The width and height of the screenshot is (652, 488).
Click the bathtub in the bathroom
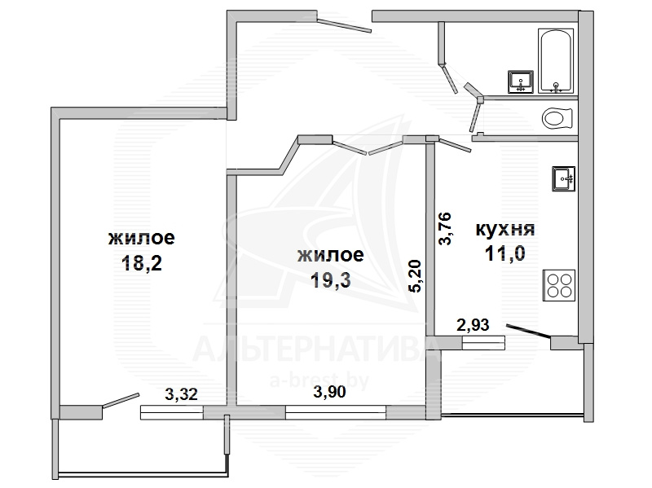[x=556, y=60]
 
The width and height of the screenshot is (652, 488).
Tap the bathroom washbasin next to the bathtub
[x=520, y=82]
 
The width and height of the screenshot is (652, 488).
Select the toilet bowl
[x=557, y=118]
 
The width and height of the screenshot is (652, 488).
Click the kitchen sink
[x=563, y=178]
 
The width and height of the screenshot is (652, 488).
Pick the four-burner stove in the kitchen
[x=559, y=286]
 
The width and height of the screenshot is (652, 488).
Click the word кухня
[x=504, y=229]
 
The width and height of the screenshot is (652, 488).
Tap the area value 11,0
[x=504, y=253]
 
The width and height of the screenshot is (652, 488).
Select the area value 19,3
[x=331, y=280]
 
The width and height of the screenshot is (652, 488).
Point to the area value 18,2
[x=141, y=263]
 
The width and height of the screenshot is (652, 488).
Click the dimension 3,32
[x=181, y=394]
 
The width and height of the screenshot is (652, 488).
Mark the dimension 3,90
[x=329, y=392]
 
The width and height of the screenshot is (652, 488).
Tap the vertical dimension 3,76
[x=445, y=229]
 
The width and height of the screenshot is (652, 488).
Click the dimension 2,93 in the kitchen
[x=473, y=324]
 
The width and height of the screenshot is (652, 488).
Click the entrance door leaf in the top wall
[x=344, y=24]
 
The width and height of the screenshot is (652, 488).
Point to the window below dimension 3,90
[x=336, y=412]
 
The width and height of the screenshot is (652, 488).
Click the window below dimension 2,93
[x=483, y=342]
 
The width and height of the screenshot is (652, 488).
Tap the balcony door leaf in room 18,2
[x=121, y=400]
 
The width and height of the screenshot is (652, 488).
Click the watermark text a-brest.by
[x=319, y=380]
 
